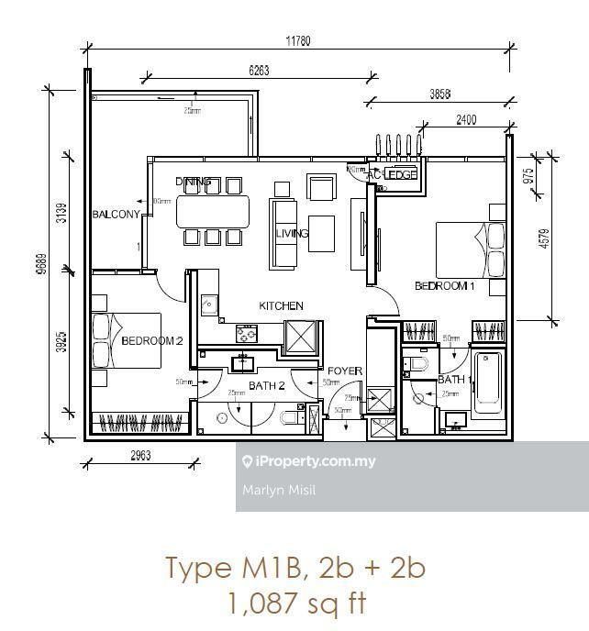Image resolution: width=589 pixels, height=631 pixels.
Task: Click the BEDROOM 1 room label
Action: (x=445, y=286)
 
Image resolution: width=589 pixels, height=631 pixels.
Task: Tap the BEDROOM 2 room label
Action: (x=153, y=341)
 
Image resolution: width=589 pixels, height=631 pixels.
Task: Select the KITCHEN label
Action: (x=281, y=305)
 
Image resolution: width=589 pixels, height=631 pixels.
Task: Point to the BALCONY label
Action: (x=116, y=215)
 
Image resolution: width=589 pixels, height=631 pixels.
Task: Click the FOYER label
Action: (x=345, y=371)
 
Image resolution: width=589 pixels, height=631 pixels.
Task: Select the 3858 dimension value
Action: (x=434, y=94)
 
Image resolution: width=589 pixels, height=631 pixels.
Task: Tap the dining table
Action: (x=212, y=210)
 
